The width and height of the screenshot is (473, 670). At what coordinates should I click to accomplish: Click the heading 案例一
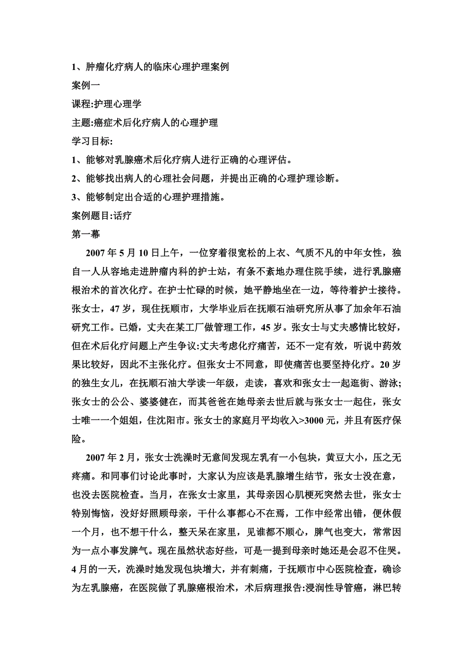(86, 85)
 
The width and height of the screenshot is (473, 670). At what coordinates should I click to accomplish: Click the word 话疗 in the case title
(123, 215)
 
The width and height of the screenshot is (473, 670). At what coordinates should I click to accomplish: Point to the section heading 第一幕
(86, 234)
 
